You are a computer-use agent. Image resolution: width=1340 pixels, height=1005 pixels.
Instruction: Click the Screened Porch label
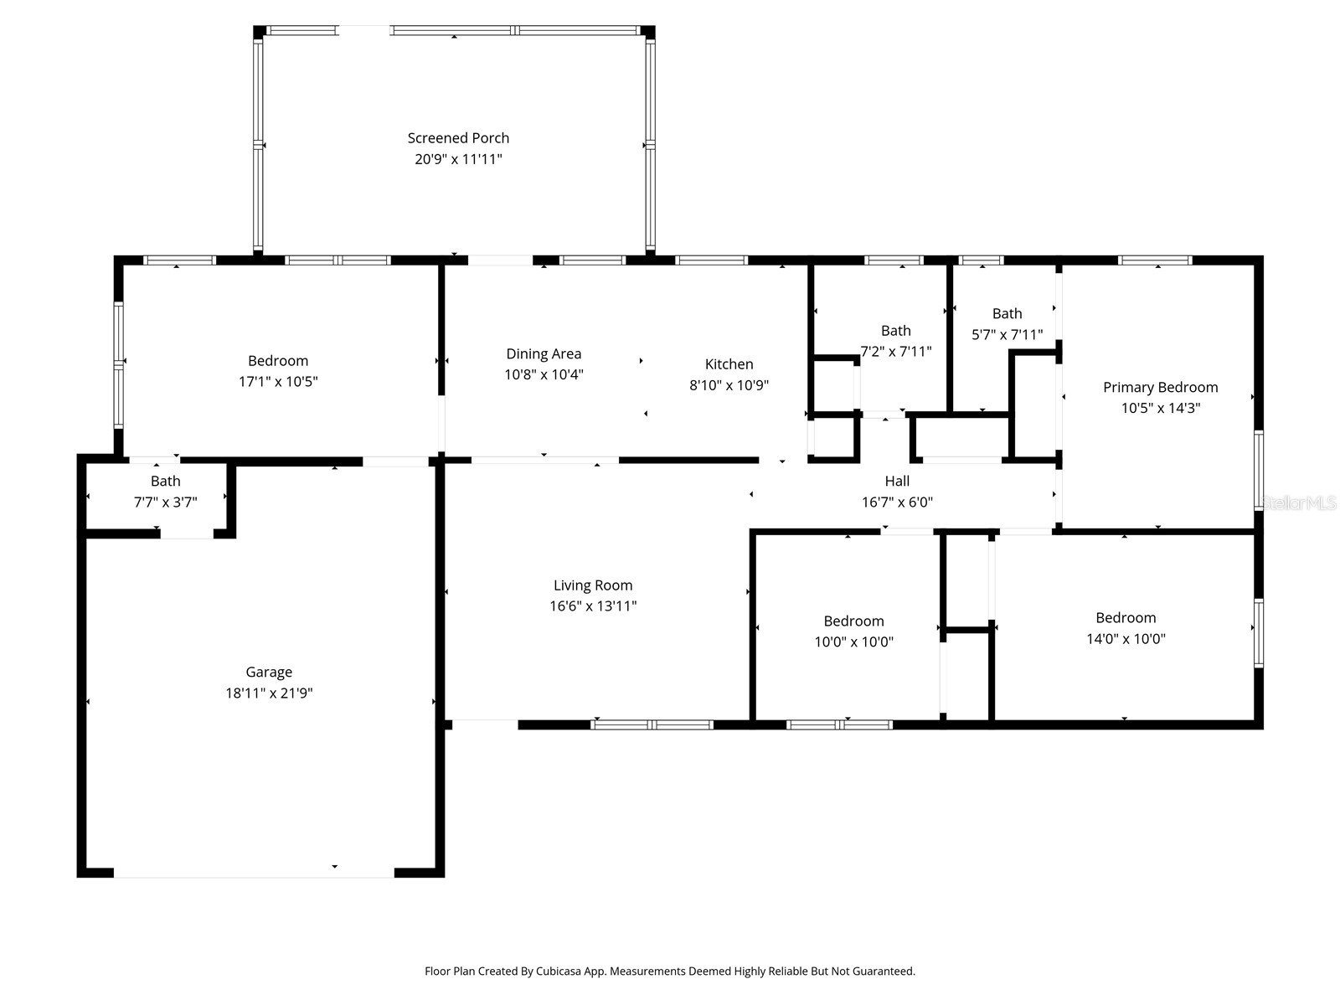pyautogui.click(x=458, y=138)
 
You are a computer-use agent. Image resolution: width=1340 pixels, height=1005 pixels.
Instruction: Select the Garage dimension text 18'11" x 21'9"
pyautogui.click(x=269, y=693)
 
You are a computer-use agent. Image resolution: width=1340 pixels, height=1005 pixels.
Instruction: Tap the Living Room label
pyautogui.click(x=593, y=585)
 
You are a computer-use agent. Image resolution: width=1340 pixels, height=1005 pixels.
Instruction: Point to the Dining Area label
pyautogui.click(x=544, y=354)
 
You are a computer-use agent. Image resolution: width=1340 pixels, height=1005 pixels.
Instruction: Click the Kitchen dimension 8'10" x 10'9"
pyautogui.click(x=729, y=385)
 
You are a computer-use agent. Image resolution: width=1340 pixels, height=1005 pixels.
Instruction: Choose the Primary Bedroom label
pyautogui.click(x=1161, y=388)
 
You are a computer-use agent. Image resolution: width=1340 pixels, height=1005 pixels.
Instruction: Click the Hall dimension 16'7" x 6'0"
pyautogui.click(x=897, y=502)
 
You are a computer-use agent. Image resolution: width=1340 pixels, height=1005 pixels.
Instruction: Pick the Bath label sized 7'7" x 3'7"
pyautogui.click(x=166, y=481)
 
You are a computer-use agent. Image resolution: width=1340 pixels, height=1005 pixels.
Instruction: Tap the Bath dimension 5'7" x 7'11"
pyautogui.click(x=1007, y=334)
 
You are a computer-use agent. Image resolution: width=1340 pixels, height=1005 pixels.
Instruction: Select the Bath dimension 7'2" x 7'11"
pyautogui.click(x=895, y=352)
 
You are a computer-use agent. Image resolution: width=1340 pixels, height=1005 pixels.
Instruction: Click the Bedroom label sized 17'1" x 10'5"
pyautogui.click(x=278, y=361)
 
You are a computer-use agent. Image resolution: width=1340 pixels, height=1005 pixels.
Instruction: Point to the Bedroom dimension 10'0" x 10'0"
pyautogui.click(x=853, y=642)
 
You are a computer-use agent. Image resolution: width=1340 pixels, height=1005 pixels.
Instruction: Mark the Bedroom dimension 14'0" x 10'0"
pyautogui.click(x=1126, y=639)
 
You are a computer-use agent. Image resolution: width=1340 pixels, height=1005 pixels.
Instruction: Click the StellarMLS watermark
pyautogui.click(x=1298, y=502)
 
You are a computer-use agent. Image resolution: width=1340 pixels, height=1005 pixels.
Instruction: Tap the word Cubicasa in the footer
pyautogui.click(x=559, y=971)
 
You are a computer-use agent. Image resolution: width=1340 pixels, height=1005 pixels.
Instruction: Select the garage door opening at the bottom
pyautogui.click(x=254, y=874)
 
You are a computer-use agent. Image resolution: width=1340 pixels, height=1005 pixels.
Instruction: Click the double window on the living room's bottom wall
pyautogui.click(x=652, y=725)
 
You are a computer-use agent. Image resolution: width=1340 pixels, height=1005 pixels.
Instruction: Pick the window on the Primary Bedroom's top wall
pyautogui.click(x=1155, y=260)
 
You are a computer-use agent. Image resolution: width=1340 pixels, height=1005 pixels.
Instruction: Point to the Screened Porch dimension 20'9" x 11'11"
pyautogui.click(x=458, y=159)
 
